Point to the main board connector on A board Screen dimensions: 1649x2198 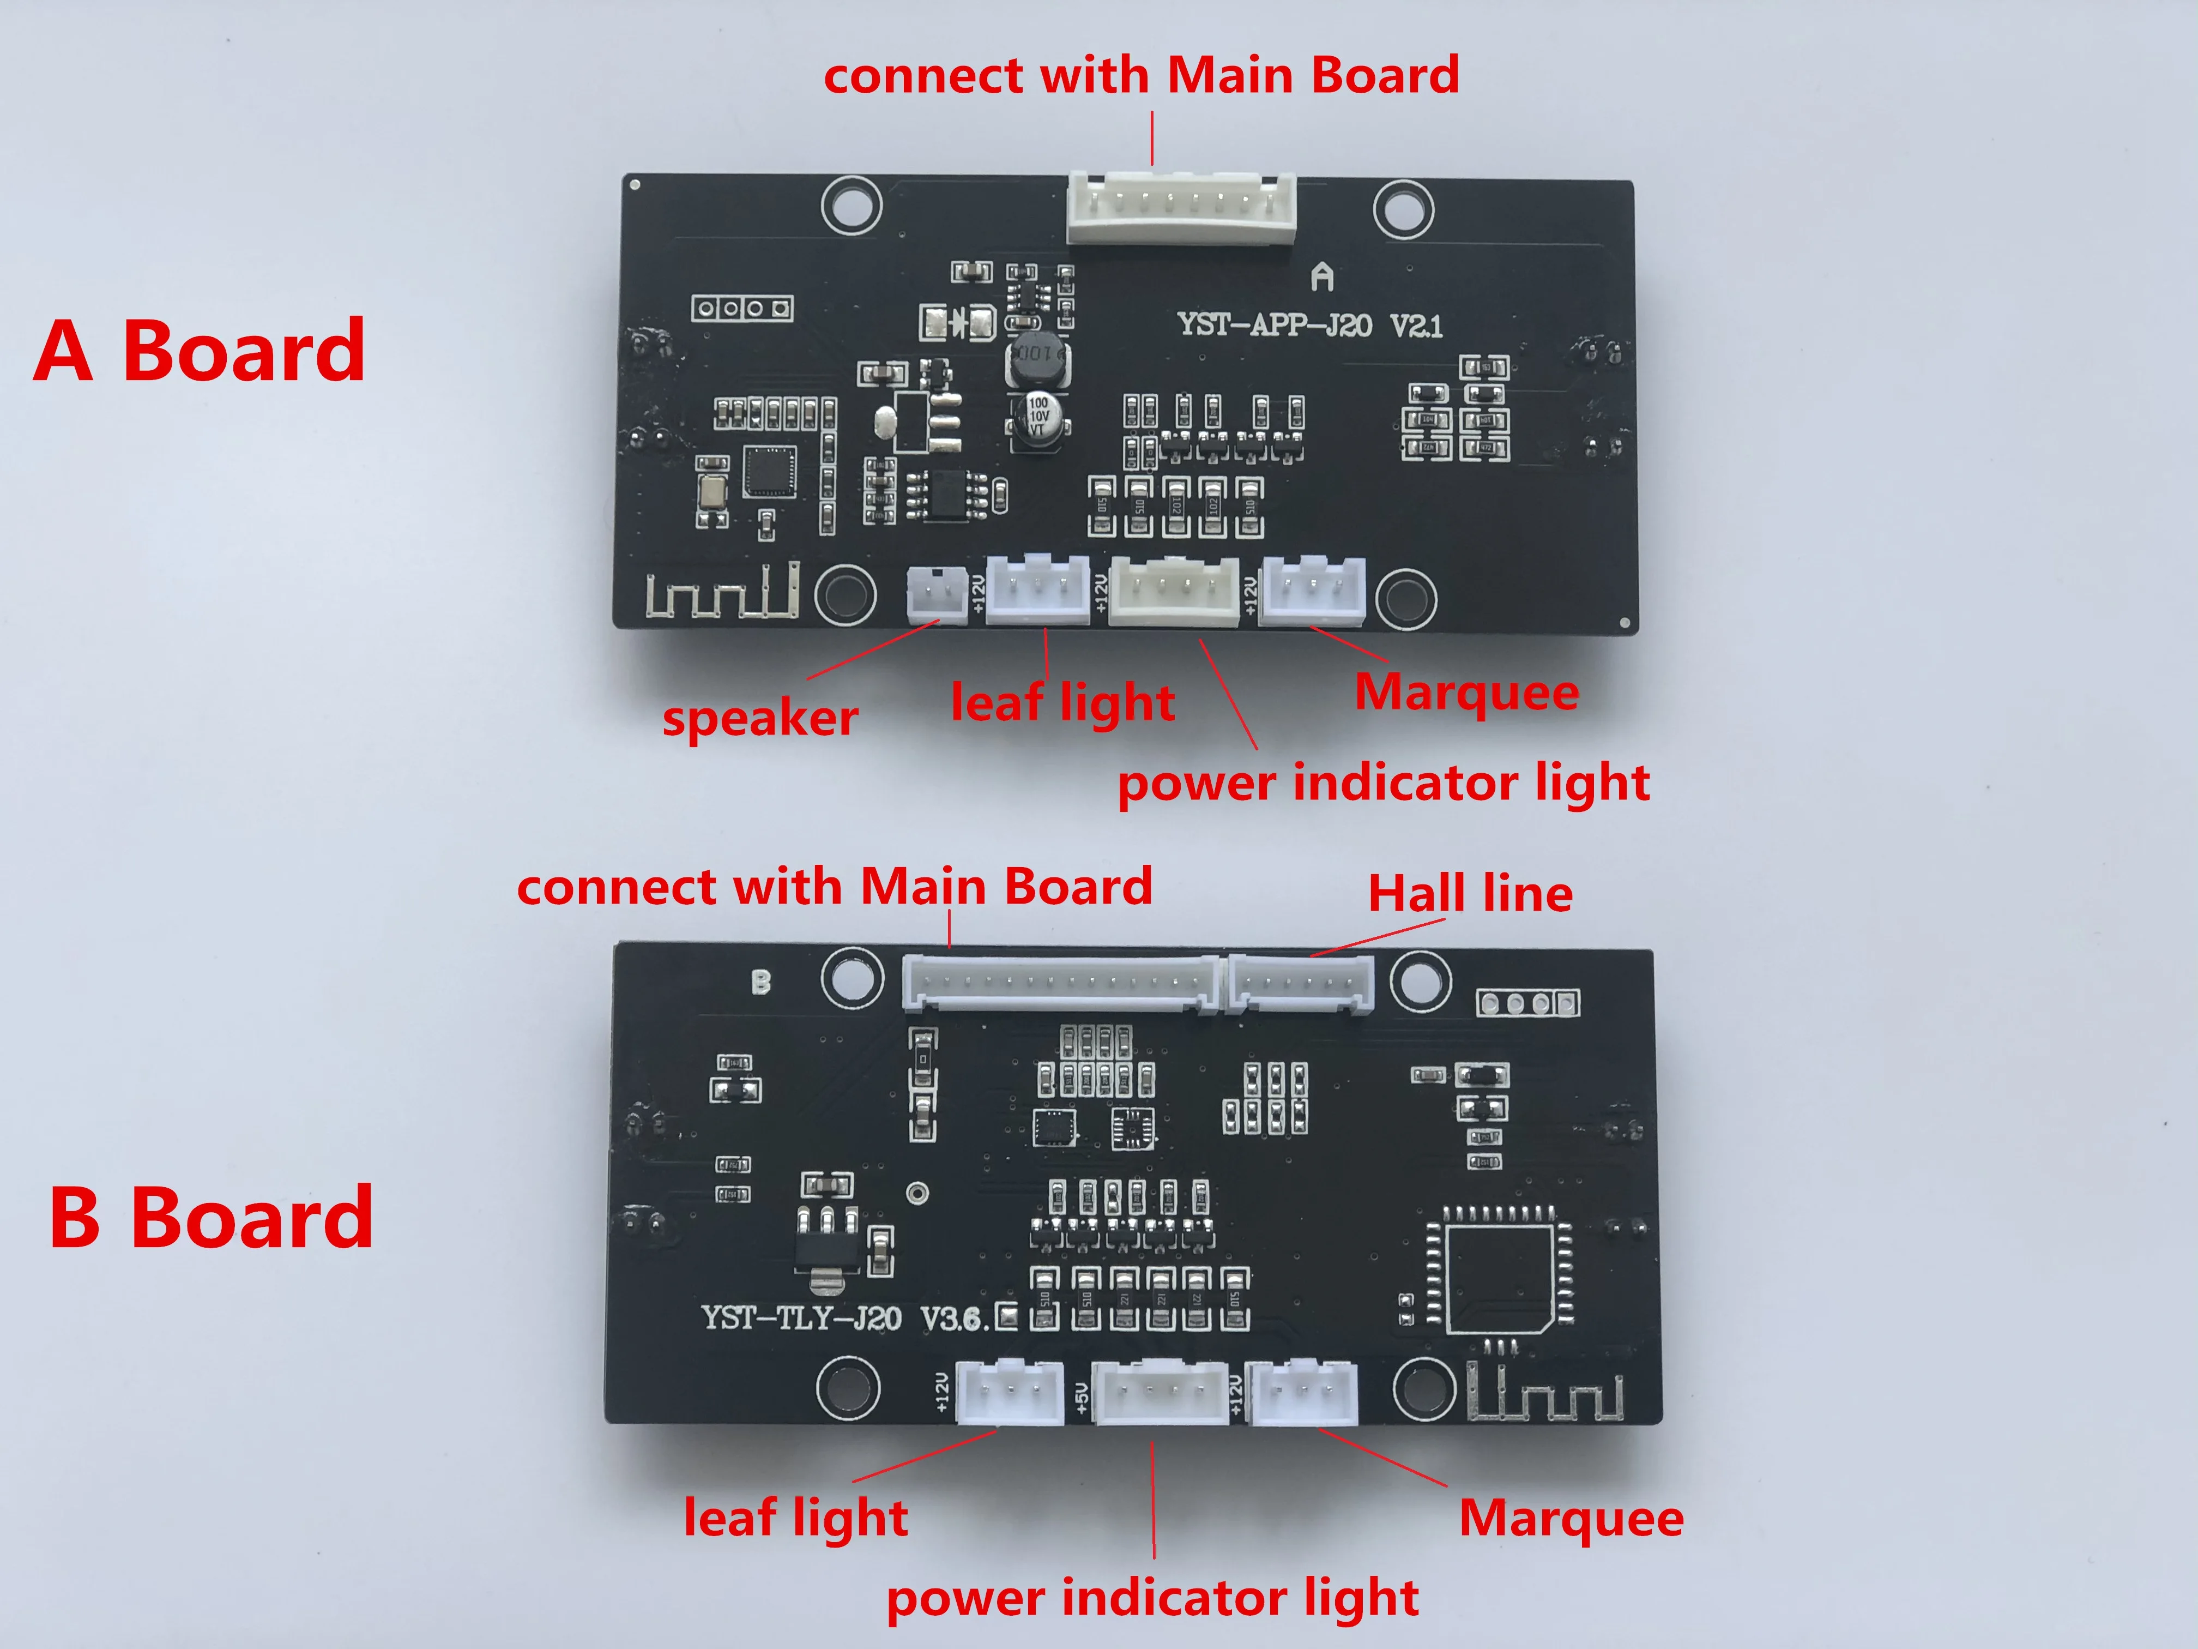tap(1181, 209)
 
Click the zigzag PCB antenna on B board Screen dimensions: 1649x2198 tap(1545, 1394)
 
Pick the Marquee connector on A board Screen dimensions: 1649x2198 tap(1312, 592)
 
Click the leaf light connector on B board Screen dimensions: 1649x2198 tap(1009, 1392)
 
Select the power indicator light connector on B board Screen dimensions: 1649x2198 tap(1161, 1392)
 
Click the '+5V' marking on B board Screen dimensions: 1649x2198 tap(1082, 1397)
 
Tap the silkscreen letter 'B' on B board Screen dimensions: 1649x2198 tap(760, 982)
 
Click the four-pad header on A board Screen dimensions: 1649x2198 tap(742, 308)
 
